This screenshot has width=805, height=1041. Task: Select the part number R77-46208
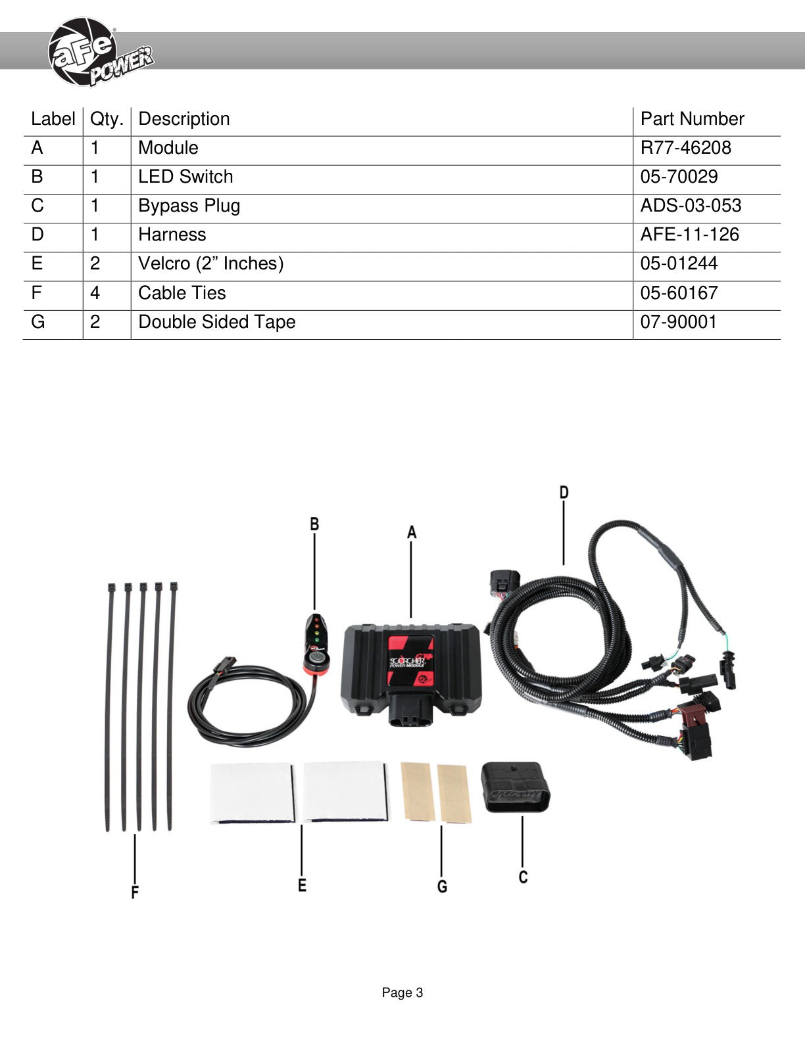(685, 148)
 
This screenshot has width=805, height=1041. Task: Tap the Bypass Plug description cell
(189, 206)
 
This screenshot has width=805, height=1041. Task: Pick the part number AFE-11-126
(689, 234)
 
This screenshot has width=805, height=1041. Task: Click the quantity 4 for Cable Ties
(95, 292)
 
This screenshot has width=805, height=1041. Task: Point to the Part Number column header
(693, 119)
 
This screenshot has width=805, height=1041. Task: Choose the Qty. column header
(107, 120)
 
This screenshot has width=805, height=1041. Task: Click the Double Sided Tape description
(217, 322)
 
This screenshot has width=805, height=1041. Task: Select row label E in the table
(37, 263)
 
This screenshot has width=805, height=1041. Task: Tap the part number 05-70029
(679, 177)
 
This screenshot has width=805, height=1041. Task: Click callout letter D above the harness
(564, 492)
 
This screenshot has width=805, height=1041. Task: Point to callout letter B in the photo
(314, 524)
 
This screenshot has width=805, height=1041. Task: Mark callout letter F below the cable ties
(135, 892)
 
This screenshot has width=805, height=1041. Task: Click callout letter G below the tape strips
(442, 887)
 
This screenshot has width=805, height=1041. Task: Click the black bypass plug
(516, 787)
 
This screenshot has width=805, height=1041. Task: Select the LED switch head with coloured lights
(316, 644)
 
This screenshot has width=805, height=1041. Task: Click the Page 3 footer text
(402, 992)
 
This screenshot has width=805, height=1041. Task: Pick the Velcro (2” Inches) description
(211, 264)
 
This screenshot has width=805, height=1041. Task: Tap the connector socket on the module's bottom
(411, 710)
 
